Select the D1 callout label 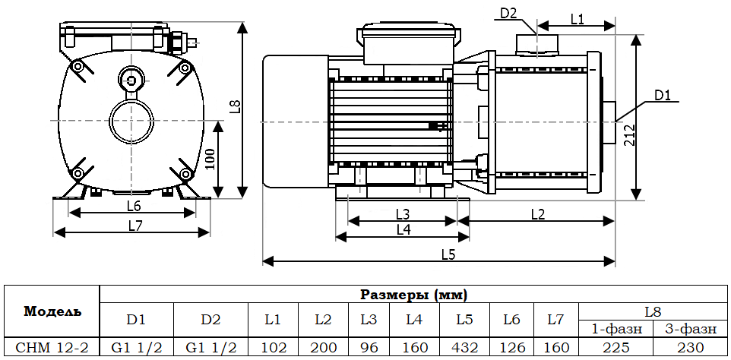point(663,96)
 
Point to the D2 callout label point(509,13)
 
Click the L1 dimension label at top point(577,20)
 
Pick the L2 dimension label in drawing point(536,214)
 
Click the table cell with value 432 point(464,347)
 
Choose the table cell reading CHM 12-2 point(52,347)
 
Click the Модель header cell point(52,311)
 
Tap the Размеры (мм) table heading point(413,294)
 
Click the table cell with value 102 point(273,347)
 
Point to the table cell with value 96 point(369,347)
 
